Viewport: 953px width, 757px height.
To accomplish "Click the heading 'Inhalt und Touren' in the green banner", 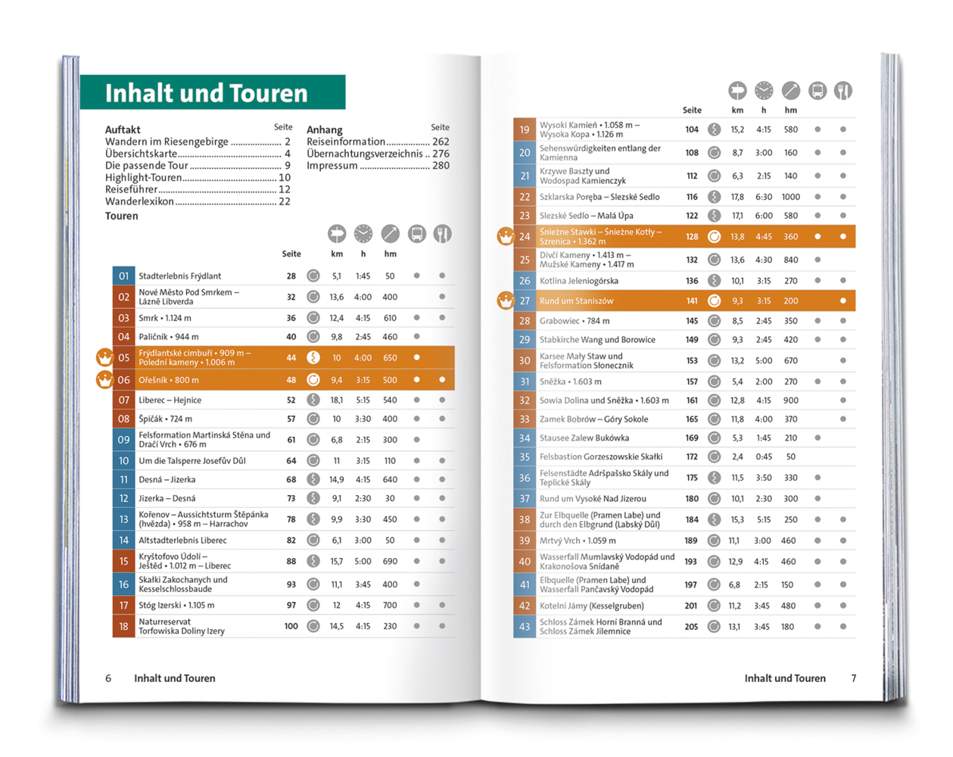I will (206, 93).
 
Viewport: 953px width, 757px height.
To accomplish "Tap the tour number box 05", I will (123, 357).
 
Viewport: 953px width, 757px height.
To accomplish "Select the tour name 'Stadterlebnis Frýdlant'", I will (179, 276).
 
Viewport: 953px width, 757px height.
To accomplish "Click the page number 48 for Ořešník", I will (291, 380).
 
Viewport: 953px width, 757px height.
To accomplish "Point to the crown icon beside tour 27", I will (505, 301).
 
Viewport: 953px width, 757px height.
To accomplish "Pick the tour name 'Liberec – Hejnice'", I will (170, 400).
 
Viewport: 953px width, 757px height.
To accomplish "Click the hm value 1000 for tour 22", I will (790, 197).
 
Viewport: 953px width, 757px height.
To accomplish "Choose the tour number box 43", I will (524, 627).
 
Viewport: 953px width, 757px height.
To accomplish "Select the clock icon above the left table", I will (363, 233).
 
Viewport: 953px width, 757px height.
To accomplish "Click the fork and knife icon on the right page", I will (842, 91).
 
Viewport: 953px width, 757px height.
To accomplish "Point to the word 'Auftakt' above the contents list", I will (123, 129).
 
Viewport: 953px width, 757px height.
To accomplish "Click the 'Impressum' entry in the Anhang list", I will (332, 166).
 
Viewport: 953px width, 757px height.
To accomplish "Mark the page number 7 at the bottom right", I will (853, 678).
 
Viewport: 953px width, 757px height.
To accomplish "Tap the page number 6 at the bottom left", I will (108, 678).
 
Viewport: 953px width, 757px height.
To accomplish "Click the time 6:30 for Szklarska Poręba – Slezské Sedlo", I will (763, 197).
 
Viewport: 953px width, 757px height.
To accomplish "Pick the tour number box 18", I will (123, 626).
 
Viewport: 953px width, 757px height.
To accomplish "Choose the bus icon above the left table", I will (416, 233).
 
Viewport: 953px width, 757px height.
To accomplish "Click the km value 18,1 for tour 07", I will (337, 400).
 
